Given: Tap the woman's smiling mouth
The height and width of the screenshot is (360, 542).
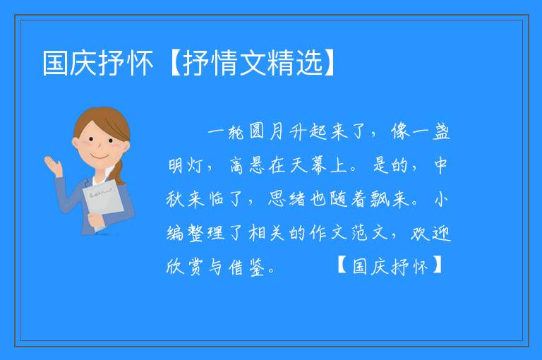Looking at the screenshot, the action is tap(100, 157).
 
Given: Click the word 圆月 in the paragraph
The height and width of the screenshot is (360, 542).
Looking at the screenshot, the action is tap(266, 131).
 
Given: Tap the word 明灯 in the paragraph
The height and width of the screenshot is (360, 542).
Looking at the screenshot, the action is tap(186, 165).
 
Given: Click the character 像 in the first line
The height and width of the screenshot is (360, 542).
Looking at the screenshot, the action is tap(400, 131).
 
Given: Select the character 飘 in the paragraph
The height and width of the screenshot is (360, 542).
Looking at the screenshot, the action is tap(380, 199).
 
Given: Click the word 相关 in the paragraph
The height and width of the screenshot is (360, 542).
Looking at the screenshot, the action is tap(267, 233).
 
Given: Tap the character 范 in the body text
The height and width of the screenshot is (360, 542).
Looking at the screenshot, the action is tap(359, 233).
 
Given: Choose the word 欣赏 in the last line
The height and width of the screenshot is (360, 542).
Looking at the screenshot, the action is tap(185, 267).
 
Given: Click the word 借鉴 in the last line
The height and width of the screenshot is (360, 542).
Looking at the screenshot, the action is tap(247, 267).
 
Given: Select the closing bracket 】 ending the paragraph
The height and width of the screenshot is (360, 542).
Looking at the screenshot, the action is tap(437, 265).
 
